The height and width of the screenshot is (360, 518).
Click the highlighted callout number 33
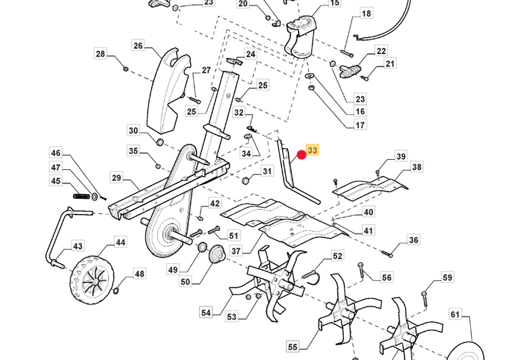click(x=312, y=151)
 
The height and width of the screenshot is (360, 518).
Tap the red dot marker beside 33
click(x=302, y=156)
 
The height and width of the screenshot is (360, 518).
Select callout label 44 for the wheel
click(x=120, y=242)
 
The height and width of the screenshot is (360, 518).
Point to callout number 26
click(x=138, y=46)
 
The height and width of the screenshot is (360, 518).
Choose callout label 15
click(x=334, y=3)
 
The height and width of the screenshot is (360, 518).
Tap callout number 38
click(x=416, y=167)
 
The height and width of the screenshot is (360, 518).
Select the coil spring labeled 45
click(x=82, y=196)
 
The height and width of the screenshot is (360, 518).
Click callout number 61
click(x=455, y=314)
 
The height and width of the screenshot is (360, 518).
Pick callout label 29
click(x=116, y=178)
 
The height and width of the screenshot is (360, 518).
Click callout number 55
click(x=293, y=346)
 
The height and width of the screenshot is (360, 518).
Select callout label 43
click(x=78, y=246)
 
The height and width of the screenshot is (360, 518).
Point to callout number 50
click(x=186, y=281)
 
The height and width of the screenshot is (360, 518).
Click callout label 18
click(x=366, y=14)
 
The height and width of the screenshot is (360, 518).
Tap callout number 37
click(x=236, y=250)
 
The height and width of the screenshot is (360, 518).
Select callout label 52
click(x=337, y=256)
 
